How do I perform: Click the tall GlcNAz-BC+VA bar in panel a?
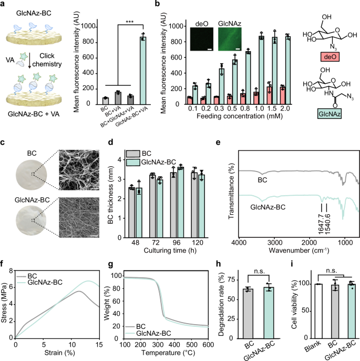(142, 68)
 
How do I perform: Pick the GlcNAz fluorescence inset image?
(231, 42)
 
